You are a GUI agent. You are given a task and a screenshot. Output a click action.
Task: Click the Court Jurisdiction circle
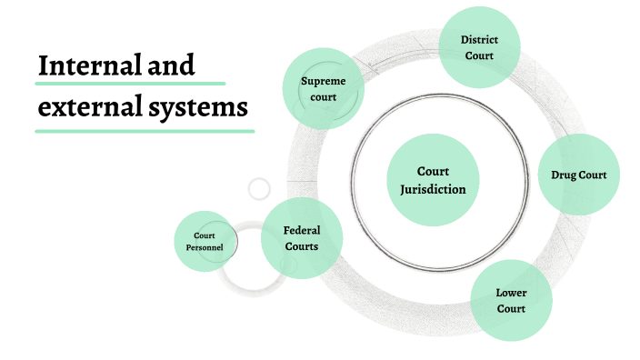[x=433, y=180]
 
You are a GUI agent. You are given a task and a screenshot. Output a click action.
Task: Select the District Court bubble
[x=479, y=48]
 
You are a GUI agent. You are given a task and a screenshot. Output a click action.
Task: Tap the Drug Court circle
[x=579, y=175]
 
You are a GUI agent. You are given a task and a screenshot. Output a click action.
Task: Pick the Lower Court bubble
[x=511, y=301]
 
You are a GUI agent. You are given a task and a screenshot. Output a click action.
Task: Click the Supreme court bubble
[x=324, y=88]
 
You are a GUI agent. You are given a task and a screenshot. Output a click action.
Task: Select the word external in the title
[x=85, y=107]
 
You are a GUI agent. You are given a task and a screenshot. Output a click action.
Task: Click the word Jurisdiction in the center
[x=433, y=189]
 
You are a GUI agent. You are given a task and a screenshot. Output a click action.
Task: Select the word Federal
[x=301, y=230]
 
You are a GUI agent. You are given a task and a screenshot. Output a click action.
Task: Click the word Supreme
[x=324, y=81]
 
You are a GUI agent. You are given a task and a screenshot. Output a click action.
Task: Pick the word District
[x=479, y=40]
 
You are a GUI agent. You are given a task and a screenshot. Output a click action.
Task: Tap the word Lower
[x=511, y=293]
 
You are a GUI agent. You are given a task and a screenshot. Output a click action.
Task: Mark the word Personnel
[x=205, y=247]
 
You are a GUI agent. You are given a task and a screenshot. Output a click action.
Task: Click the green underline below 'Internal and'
[x=116, y=84]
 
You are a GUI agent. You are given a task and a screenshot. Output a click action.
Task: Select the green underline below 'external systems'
[x=145, y=131]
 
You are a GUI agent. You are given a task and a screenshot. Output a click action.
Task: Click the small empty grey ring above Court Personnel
[x=259, y=189]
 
